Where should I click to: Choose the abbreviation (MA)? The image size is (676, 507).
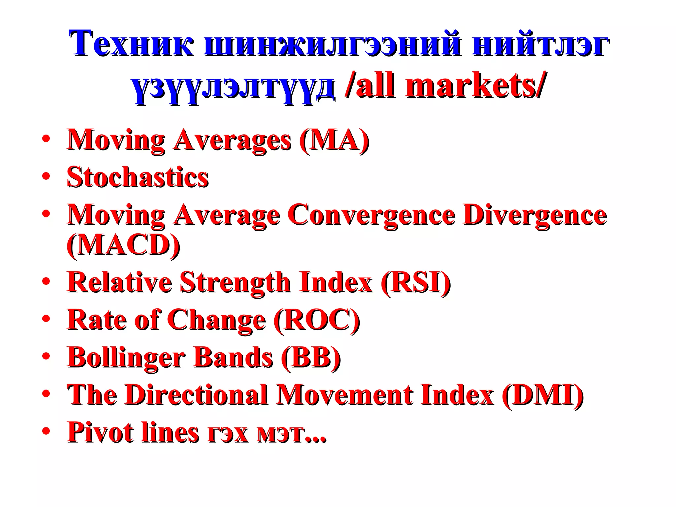[334, 140]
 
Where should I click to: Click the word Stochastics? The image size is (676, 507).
[138, 177]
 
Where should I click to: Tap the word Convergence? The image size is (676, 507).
[372, 215]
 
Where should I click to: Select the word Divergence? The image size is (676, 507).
[535, 215]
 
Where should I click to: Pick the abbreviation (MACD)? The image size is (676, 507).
[123, 246]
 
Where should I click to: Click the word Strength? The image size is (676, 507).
[235, 283]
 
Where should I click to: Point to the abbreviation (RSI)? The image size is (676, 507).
[415, 283]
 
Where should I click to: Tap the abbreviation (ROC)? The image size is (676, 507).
[317, 320]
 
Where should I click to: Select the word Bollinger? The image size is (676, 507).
[126, 358]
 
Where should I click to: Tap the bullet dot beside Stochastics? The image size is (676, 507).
[46, 176]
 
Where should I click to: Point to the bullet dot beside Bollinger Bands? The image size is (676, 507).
[46, 356]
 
